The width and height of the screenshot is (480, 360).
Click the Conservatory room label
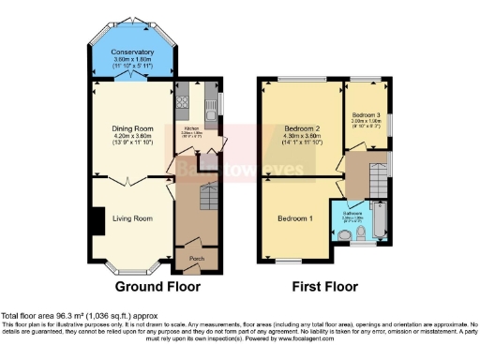click(x=132, y=52)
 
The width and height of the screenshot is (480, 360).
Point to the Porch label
click(x=196, y=258)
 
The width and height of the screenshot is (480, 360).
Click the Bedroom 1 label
click(x=295, y=218)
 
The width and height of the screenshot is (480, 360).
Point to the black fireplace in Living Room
click(x=97, y=222)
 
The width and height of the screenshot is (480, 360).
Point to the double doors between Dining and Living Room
click(x=132, y=178)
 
